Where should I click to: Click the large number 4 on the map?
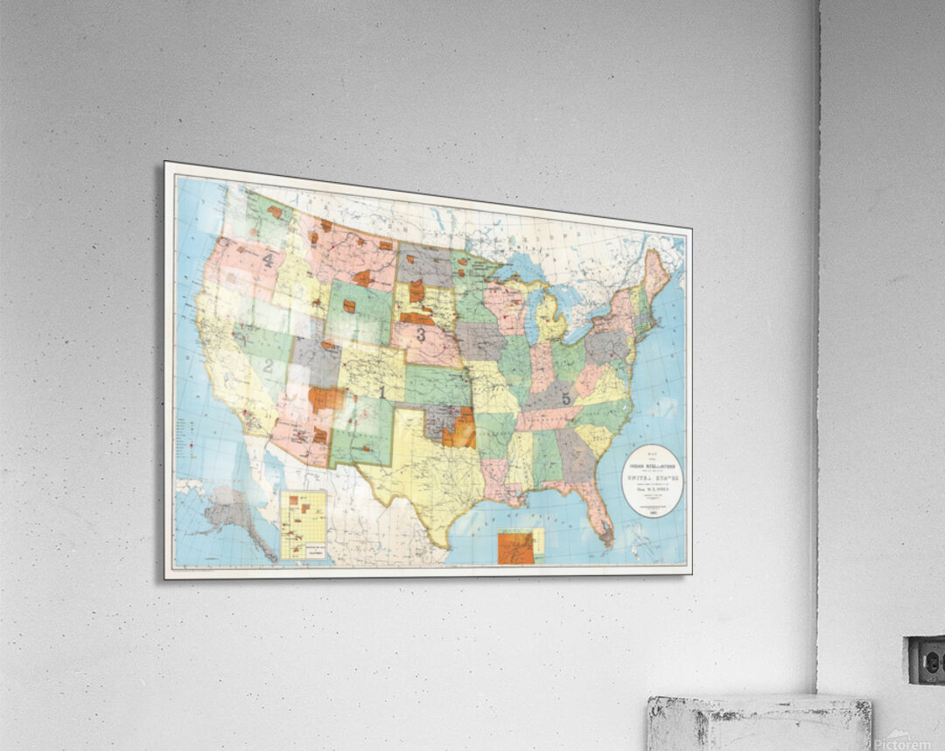tap(268, 260)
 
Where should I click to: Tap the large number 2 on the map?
tap(268, 366)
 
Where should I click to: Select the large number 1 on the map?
tap(381, 391)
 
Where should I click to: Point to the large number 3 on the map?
tap(421, 334)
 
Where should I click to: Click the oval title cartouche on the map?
tap(652, 481)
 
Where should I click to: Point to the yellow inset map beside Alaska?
tap(304, 524)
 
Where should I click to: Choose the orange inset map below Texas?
tap(516, 546)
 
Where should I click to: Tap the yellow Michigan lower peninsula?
tap(550, 320)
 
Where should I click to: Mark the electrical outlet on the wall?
tap(925, 660)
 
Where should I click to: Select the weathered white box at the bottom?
tap(759, 723)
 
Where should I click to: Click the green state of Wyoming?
tap(359, 312)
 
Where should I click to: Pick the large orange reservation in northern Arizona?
tap(325, 399)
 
